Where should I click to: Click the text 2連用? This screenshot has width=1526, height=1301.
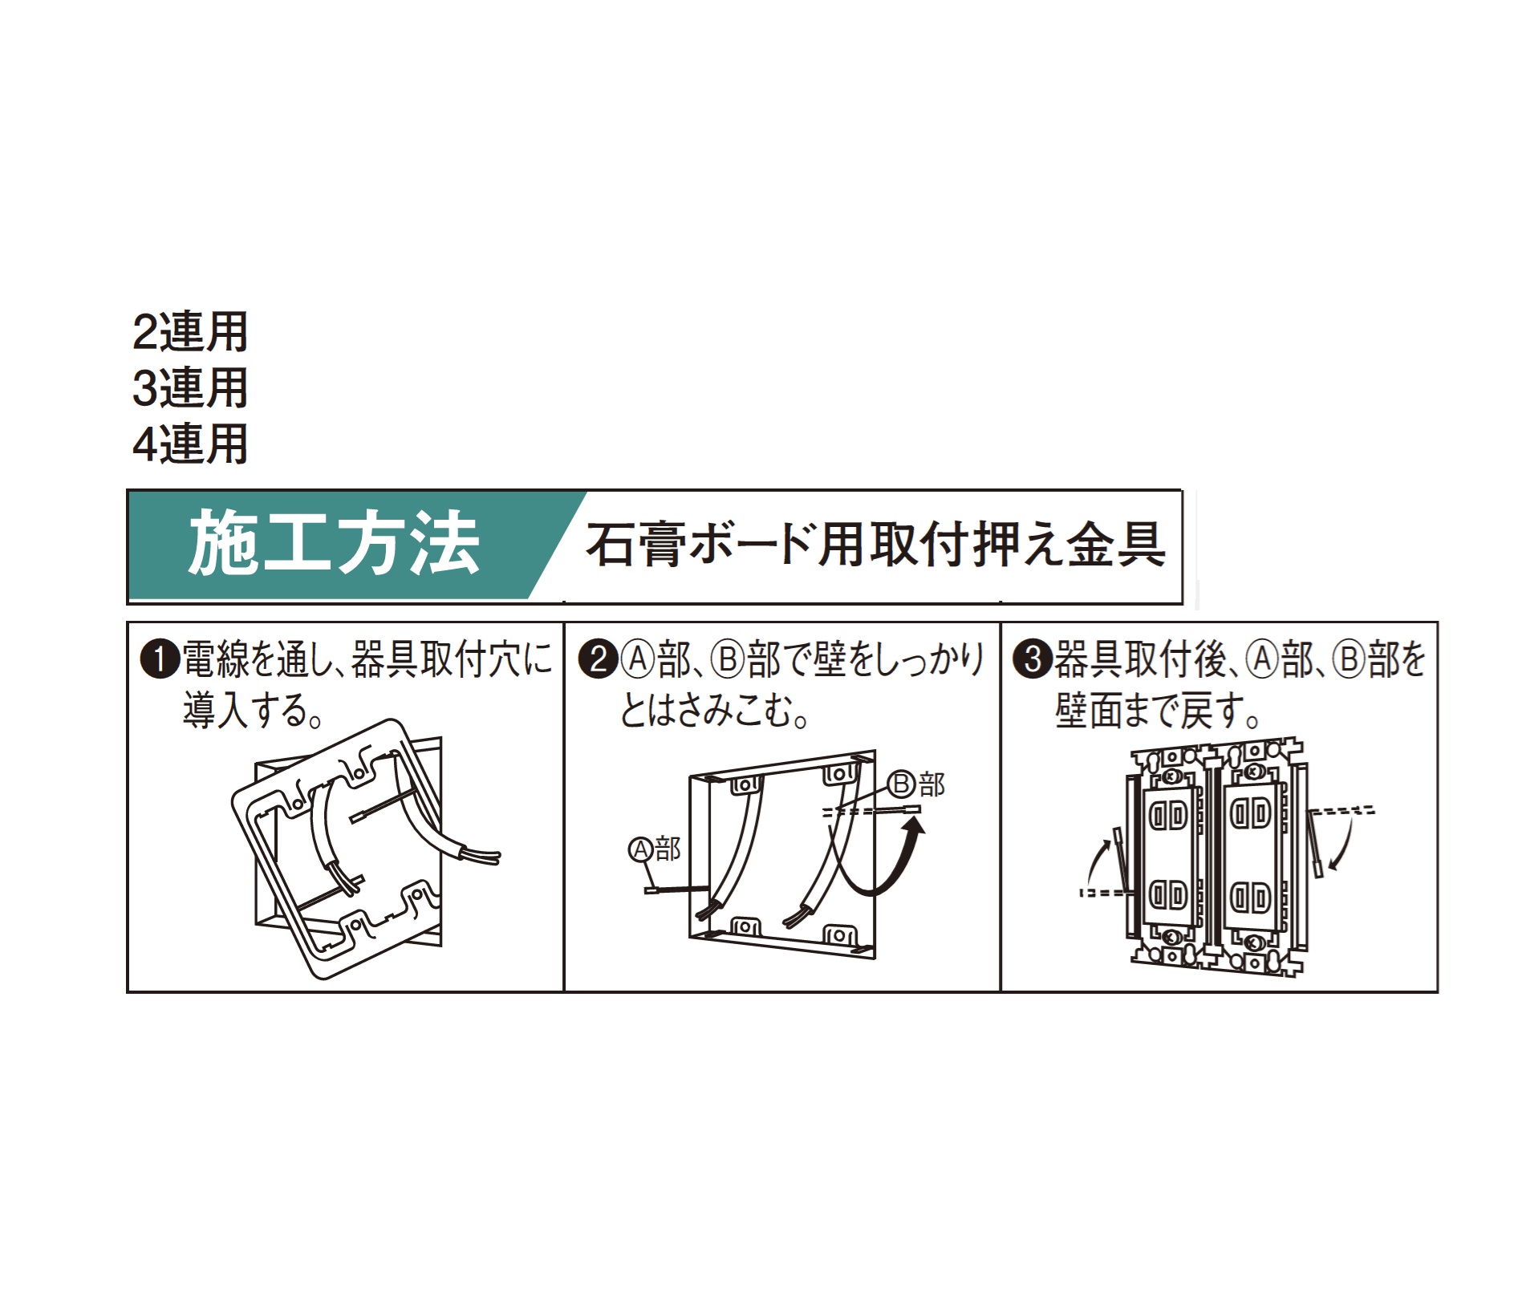190,332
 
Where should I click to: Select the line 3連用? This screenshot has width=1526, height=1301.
190,388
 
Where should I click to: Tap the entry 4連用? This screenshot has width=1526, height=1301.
190,444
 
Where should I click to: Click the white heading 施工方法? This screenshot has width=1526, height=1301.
334,545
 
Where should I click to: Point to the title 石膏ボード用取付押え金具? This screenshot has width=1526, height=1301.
875,545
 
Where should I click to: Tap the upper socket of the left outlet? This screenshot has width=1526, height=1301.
1169,816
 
